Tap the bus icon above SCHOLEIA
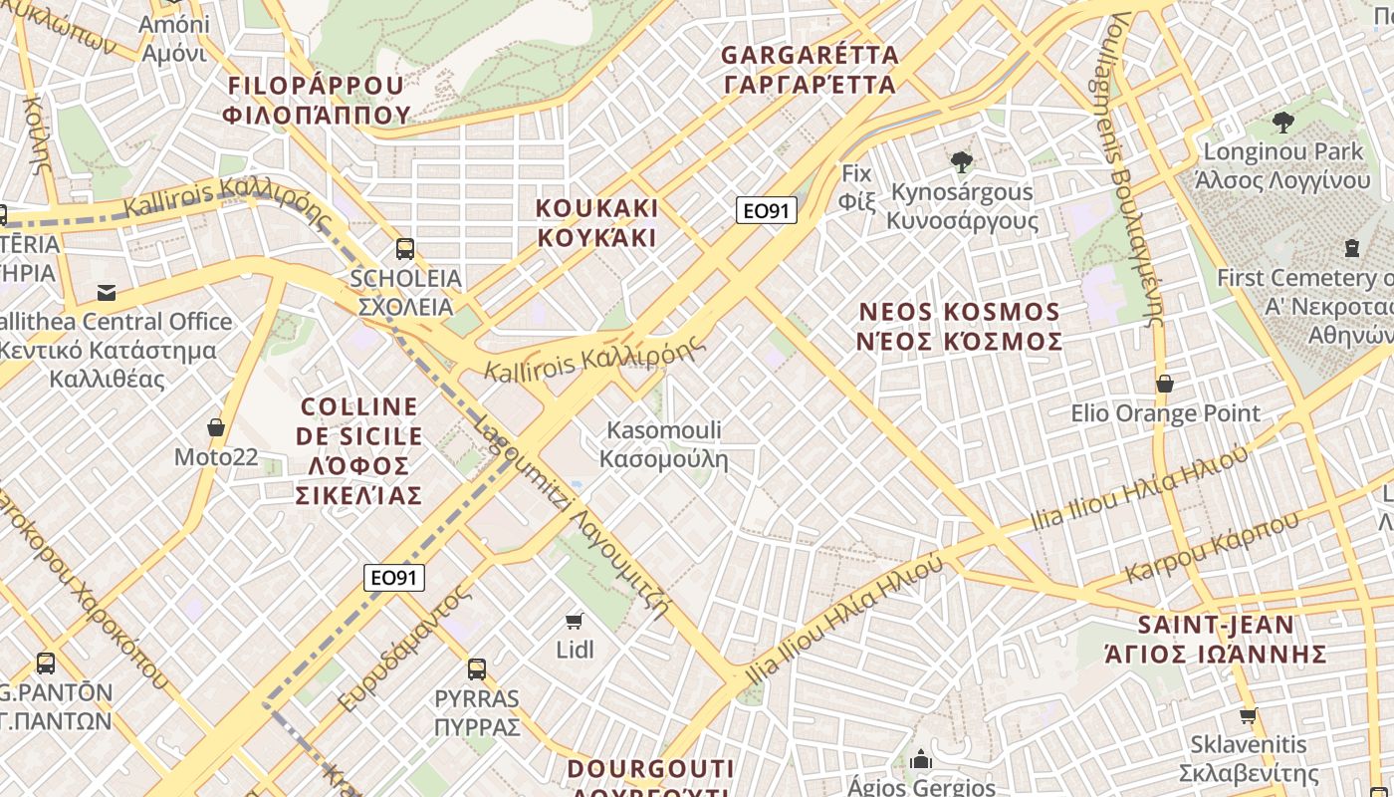[404, 248]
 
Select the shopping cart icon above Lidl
[574, 622]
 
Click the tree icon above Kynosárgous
[961, 161]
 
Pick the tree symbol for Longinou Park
[1282, 123]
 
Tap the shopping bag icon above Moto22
[215, 428]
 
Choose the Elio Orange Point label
[1165, 412]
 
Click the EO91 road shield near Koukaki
[767, 210]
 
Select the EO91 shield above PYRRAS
[394, 578]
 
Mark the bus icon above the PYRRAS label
[477, 668]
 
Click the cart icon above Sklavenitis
[1249, 715]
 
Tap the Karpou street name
[1212, 548]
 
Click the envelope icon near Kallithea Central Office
[107, 292]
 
